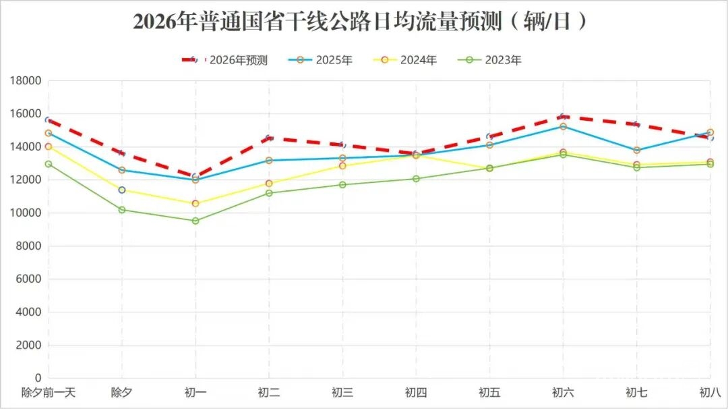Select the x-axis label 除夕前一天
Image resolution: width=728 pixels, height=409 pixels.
49,392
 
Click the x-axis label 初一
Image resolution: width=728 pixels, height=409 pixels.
195,392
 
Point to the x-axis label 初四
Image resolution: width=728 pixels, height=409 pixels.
416,392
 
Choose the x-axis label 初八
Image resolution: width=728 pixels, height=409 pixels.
710,392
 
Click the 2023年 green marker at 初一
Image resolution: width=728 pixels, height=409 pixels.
195,221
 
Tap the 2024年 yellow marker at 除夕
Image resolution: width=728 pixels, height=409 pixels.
122,190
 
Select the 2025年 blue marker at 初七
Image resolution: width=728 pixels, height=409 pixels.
636,150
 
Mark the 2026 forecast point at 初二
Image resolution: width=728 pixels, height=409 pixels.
269,138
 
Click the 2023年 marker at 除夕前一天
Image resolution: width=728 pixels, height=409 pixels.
49,164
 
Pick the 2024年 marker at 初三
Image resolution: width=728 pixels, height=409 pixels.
342,166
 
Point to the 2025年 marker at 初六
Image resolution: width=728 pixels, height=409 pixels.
563,126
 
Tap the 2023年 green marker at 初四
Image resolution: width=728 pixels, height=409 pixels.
416,179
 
